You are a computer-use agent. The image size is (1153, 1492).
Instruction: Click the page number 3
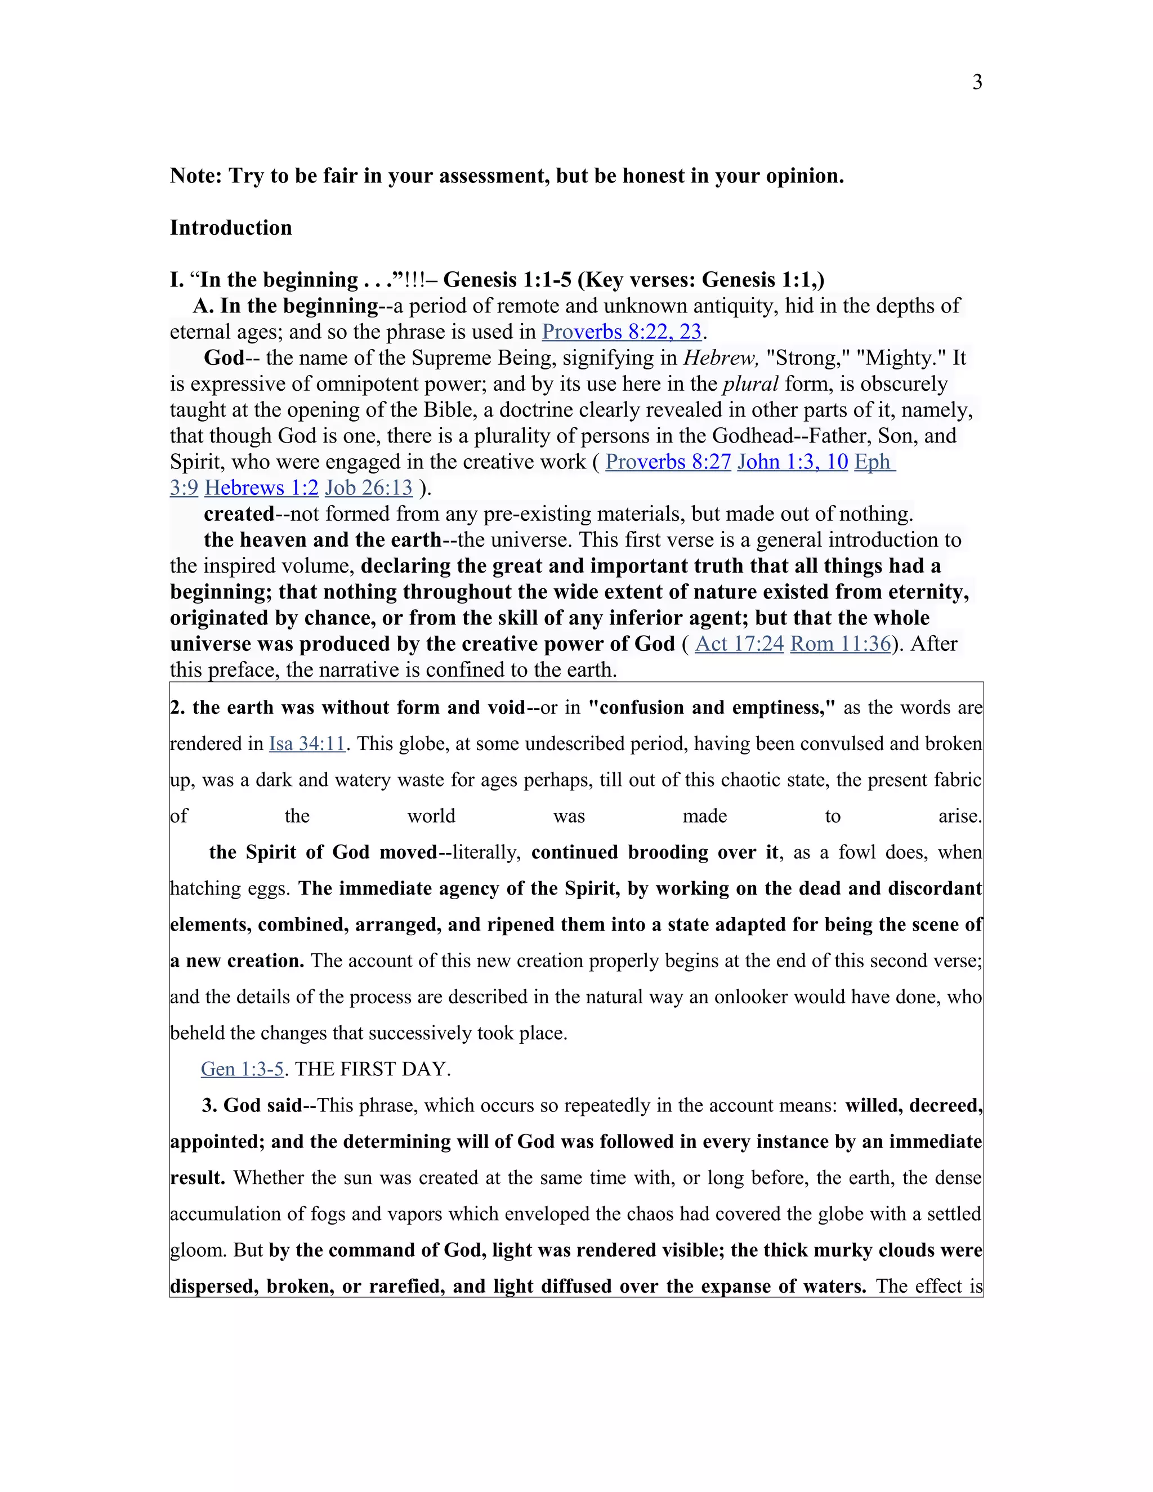[x=977, y=83]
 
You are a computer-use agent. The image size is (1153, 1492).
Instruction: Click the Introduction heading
[x=230, y=227]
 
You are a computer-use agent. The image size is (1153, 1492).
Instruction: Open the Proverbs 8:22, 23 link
[x=622, y=332]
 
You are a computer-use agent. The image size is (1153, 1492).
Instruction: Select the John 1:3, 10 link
[x=792, y=462]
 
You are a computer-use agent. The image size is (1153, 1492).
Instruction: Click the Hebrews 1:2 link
[x=261, y=488]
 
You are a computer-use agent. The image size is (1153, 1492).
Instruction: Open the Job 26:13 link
[x=368, y=488]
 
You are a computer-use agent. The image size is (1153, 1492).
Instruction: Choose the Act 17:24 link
[x=739, y=644]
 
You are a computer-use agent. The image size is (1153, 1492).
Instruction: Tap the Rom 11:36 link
[x=840, y=644]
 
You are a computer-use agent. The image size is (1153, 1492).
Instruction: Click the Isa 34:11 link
[x=307, y=743]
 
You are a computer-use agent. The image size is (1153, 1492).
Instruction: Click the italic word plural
[x=750, y=384]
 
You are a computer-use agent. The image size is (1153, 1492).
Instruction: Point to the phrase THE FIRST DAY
[x=372, y=1069]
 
